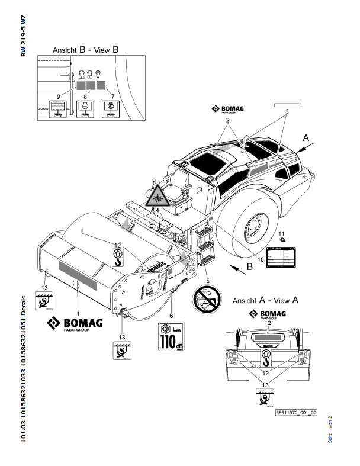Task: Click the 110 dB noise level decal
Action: (x=169, y=336)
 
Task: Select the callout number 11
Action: (x=282, y=233)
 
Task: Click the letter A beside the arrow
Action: (x=306, y=137)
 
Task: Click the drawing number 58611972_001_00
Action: (x=296, y=413)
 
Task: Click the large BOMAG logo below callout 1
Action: (x=75, y=324)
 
